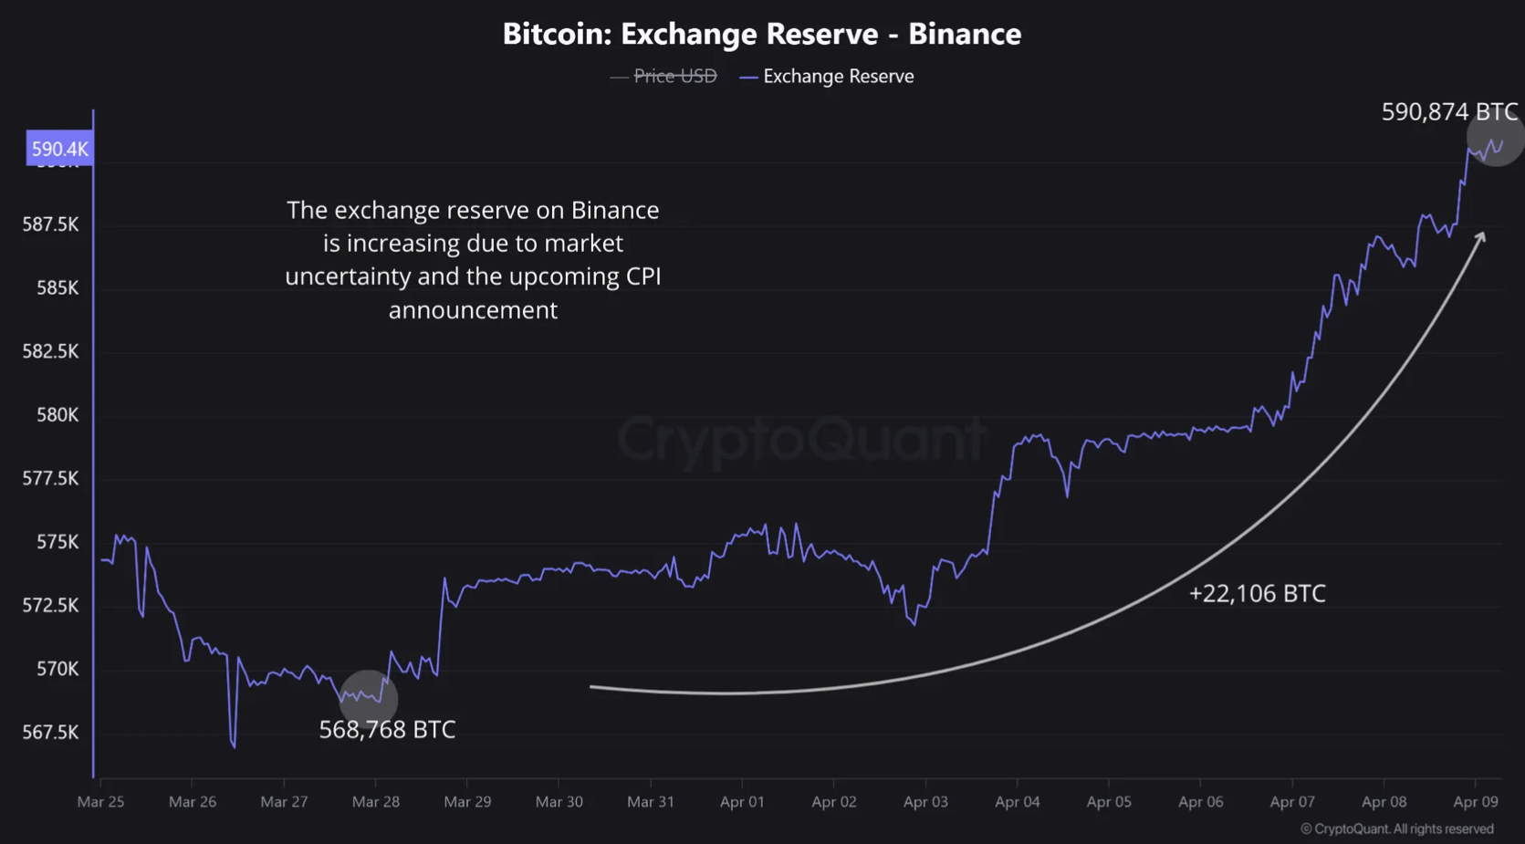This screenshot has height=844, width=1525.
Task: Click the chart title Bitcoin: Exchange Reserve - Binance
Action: click(762, 34)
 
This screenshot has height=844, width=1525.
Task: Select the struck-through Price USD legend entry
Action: click(674, 77)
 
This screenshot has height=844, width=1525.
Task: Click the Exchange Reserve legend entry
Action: click(838, 77)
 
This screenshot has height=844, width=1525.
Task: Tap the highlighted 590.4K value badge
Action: click(59, 149)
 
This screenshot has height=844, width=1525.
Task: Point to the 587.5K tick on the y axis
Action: click(50, 224)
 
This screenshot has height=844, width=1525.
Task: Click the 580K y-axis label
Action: click(57, 415)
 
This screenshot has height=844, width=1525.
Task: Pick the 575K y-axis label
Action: click(57, 542)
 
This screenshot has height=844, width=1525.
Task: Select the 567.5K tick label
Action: click(50, 733)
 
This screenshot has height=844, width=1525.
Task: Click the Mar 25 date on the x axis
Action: click(100, 802)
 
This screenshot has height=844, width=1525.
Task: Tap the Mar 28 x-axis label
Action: click(375, 802)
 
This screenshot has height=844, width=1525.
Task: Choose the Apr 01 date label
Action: click(742, 802)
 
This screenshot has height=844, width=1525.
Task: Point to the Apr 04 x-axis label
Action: click(1017, 802)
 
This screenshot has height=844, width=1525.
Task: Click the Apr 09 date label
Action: click(1475, 802)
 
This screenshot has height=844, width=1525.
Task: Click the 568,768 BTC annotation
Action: click(387, 730)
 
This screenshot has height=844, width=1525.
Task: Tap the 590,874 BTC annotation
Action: click(1449, 112)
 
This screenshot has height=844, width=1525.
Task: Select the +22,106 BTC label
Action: click(1257, 594)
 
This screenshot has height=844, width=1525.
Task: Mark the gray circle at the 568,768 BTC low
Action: click(369, 699)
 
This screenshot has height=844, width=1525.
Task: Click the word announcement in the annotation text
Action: click(473, 310)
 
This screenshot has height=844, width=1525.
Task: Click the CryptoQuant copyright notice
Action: click(1396, 828)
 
